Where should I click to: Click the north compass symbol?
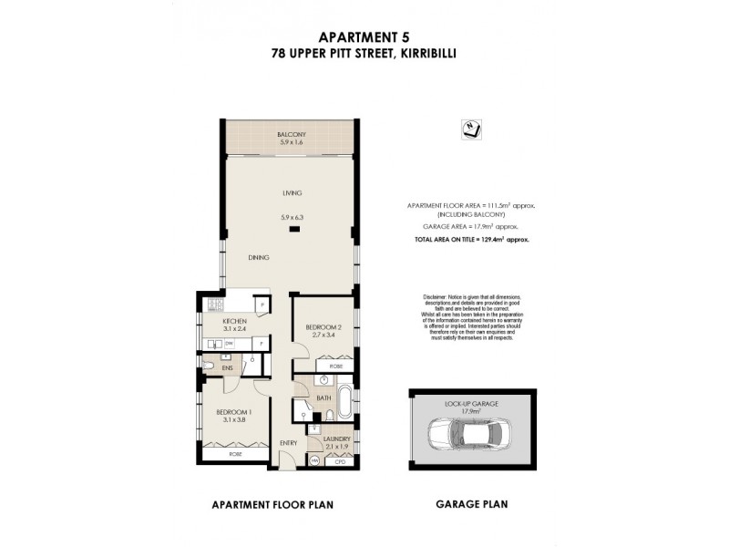(470, 130)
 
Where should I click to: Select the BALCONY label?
(292, 135)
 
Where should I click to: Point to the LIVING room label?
(292, 193)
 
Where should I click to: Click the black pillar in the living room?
(293, 229)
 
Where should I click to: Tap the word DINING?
(260, 258)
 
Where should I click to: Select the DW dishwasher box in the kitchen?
(230, 344)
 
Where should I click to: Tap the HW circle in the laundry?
(315, 461)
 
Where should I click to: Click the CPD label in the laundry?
(341, 461)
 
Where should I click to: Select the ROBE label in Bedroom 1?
(235, 453)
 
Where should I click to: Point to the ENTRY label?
(289, 443)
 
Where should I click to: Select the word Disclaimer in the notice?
(437, 298)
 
